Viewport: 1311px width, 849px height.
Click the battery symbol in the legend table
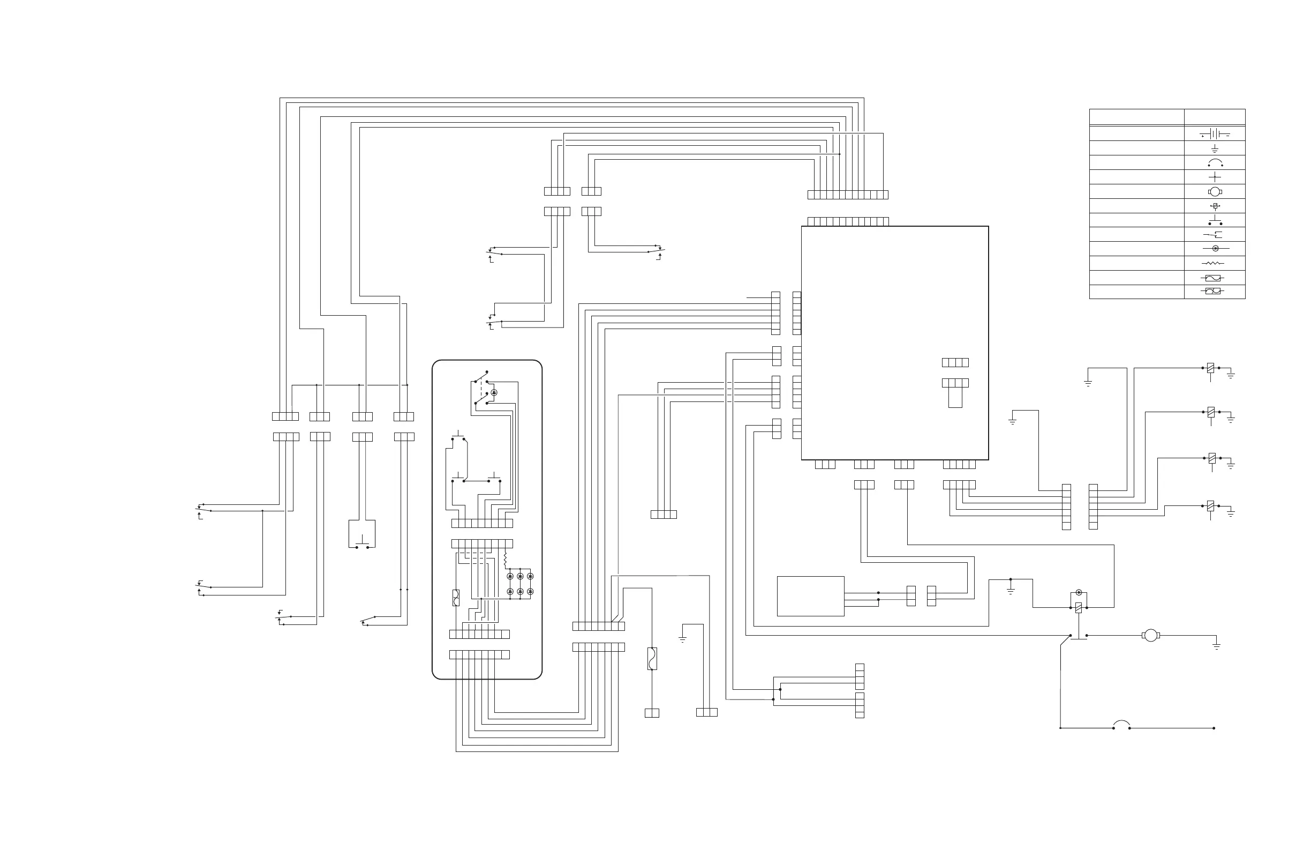1215,134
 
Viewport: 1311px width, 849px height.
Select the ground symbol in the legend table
1215,149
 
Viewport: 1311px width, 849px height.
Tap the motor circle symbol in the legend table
1215,191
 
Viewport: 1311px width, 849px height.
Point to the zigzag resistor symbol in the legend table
1213,264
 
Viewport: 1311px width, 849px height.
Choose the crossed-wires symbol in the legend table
1215,177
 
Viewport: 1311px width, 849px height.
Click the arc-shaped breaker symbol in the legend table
1215,163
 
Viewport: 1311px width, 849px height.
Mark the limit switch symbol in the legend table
1214,235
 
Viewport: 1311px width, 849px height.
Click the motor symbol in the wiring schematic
1151,636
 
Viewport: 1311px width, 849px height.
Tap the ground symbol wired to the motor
1217,645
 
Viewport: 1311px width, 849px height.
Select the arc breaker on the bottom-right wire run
1121,725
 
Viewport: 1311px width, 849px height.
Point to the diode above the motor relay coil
1079,593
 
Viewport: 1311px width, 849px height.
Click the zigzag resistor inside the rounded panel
504,560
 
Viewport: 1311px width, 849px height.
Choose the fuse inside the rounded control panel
456,598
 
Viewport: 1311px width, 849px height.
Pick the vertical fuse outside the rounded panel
652,659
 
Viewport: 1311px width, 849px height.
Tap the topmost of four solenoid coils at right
1210,368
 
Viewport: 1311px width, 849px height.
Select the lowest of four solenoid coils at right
1210,506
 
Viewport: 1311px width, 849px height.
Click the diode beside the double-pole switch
494,392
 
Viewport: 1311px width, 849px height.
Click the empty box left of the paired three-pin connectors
810,596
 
